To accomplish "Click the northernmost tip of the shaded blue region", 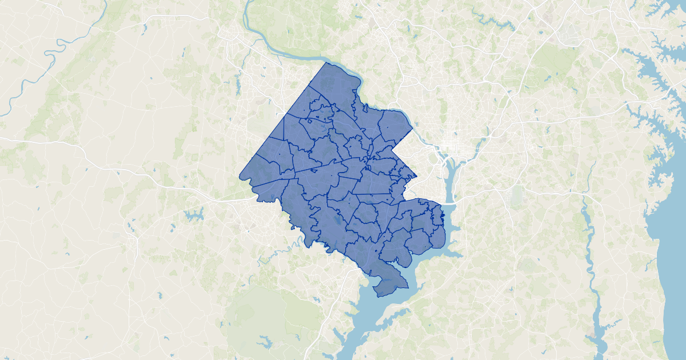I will click(x=326, y=62).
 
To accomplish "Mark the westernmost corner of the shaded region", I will click(x=240, y=175).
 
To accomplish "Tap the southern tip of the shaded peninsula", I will click(x=381, y=295).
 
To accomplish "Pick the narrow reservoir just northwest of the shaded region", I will click(x=238, y=85).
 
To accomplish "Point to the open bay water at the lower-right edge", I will click(x=672, y=257).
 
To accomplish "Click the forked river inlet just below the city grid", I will click(x=449, y=171).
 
